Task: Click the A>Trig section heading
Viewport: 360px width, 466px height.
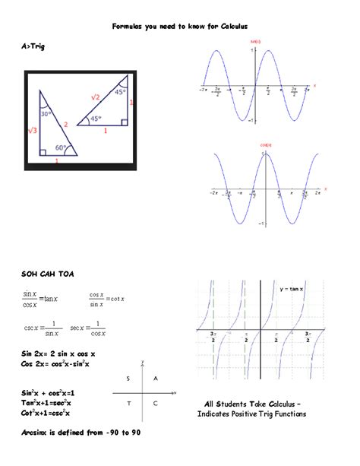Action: pyautogui.click(x=34, y=47)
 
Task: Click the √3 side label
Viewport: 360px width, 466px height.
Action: pyautogui.click(x=32, y=131)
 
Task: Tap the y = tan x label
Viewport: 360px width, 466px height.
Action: pyautogui.click(x=292, y=289)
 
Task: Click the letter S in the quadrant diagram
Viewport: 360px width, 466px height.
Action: pyautogui.click(x=129, y=378)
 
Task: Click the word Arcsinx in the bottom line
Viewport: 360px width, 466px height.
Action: pyautogui.click(x=36, y=433)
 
